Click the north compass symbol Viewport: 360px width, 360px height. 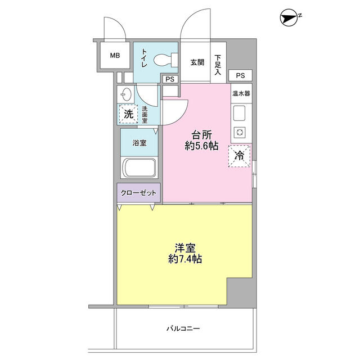[x=289, y=17]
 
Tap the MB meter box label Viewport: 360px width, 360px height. [x=115, y=55]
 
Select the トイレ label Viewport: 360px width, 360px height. [x=144, y=58]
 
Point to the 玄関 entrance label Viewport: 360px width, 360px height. [x=197, y=62]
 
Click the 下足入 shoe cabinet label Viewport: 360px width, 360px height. [x=218, y=65]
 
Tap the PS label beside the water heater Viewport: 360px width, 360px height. [x=240, y=75]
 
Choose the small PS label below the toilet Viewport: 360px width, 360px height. [x=170, y=79]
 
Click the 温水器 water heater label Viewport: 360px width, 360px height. [x=241, y=93]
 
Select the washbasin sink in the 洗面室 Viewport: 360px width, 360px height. [x=125, y=94]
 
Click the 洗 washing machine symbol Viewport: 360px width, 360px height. [x=128, y=114]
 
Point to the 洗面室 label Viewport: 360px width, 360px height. [x=145, y=115]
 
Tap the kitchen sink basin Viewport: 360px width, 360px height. [x=239, y=113]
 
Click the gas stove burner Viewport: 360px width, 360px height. [x=240, y=133]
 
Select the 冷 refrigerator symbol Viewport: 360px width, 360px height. [x=239, y=156]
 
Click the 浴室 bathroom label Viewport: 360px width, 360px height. [x=139, y=143]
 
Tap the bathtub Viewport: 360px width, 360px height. [x=139, y=168]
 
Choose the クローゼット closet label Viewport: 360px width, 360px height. [x=138, y=193]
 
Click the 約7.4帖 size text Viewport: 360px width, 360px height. [x=185, y=259]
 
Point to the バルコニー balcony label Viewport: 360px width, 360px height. [x=183, y=328]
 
